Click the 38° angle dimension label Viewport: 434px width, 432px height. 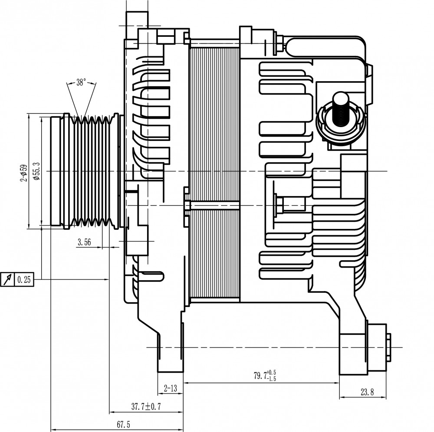(82, 82)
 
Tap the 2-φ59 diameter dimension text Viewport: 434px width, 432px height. (24, 173)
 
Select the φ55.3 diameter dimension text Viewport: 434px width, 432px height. (37, 171)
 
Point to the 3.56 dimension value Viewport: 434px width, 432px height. (84, 242)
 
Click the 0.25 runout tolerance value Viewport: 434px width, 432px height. (24, 280)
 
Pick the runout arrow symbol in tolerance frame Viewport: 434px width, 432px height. (7, 279)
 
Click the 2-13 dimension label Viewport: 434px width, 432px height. (170, 388)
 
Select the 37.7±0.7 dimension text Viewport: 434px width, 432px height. (146, 406)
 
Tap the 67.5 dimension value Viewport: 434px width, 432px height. (123, 424)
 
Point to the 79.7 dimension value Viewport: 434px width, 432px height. (260, 376)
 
